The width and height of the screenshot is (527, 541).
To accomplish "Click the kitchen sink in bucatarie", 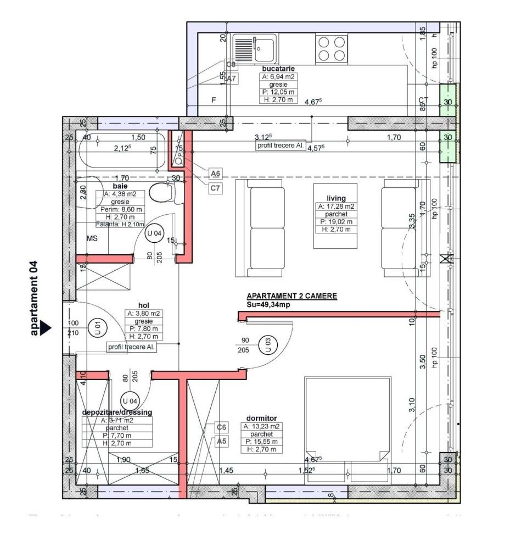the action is tap(255, 48).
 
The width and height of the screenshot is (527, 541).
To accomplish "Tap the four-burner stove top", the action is tap(332, 48).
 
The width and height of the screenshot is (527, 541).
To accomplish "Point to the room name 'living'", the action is tap(336, 198).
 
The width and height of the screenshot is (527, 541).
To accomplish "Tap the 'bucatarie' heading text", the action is tap(278, 69).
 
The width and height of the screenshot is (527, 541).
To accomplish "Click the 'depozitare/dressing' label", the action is tap(117, 412).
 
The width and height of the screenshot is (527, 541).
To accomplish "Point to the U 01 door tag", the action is tap(99, 328).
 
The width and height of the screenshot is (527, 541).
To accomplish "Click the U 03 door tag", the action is tap(268, 345).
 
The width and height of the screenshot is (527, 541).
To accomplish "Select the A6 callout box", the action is tap(216, 174).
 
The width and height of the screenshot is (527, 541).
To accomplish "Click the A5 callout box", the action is tap(221, 440).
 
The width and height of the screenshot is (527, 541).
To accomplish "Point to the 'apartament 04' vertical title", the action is tap(34, 298).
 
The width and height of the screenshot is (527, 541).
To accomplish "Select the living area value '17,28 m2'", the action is tap(336, 207).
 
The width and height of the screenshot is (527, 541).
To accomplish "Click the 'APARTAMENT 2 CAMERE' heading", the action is tap(291, 296).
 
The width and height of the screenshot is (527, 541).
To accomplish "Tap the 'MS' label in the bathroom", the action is tap(92, 238).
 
